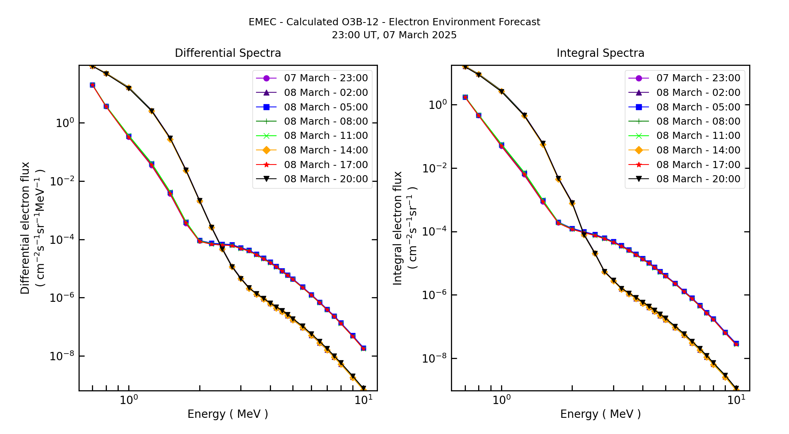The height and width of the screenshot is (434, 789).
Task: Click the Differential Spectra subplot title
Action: click(x=228, y=53)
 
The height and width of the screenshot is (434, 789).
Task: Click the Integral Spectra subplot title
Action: click(x=600, y=53)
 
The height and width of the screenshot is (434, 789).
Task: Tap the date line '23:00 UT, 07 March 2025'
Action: click(x=394, y=35)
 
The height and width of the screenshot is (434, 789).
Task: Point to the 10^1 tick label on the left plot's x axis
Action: click(x=363, y=400)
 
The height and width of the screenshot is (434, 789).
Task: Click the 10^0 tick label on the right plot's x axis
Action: click(x=501, y=400)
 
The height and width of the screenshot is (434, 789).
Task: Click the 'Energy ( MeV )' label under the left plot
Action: click(x=228, y=414)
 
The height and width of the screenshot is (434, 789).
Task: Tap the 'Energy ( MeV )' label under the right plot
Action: click(x=600, y=414)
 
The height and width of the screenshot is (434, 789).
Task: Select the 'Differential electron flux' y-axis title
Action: click(x=25, y=228)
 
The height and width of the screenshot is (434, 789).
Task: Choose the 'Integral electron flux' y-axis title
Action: click(x=398, y=228)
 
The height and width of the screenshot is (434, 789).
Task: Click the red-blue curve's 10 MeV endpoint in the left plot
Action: click(x=363, y=348)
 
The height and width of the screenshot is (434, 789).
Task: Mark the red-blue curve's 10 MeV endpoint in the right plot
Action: click(x=736, y=344)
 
